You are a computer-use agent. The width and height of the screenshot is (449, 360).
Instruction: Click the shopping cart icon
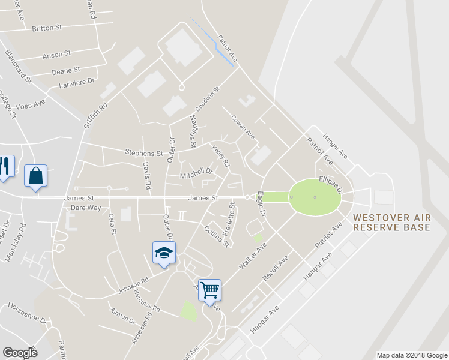coord(210,290)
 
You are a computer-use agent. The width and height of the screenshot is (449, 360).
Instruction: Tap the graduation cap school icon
coord(163,253)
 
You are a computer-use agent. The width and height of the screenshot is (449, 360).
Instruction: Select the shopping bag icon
coord(35,176)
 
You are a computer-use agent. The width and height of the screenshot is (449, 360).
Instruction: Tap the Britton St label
coord(47,28)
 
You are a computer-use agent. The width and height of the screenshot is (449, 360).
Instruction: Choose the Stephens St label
coord(143,154)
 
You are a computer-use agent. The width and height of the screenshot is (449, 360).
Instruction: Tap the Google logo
coord(20,353)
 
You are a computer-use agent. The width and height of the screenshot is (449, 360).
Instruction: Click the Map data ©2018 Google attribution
coord(412,355)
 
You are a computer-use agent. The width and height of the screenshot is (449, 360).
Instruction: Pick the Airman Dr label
coord(122,316)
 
